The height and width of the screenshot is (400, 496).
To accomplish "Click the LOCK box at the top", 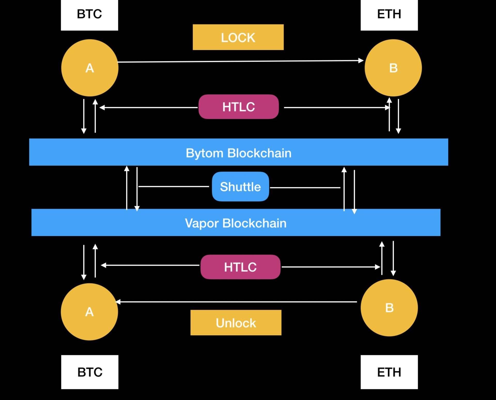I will click(x=238, y=37).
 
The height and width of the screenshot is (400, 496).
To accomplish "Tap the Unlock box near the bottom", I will click(x=236, y=323).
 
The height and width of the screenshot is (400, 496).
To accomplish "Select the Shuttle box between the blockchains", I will click(x=240, y=187).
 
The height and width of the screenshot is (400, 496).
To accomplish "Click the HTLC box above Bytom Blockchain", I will click(x=238, y=107).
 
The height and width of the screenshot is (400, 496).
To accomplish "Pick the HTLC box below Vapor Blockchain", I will click(x=240, y=267).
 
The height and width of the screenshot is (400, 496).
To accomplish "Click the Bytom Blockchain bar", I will click(x=238, y=152).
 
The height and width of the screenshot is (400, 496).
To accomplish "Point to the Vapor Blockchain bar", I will click(x=236, y=222).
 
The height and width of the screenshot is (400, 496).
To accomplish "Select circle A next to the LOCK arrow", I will click(x=90, y=68).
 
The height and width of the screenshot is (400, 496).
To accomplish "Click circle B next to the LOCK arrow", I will click(x=393, y=68).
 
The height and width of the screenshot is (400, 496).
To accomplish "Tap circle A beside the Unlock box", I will click(x=89, y=312).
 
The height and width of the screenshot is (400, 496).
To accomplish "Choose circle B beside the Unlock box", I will click(x=389, y=308).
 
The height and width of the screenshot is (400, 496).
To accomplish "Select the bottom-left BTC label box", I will click(x=90, y=372).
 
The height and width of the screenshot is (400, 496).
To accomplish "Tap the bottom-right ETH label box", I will click(x=389, y=372).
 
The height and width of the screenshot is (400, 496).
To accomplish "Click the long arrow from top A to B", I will click(x=240, y=61).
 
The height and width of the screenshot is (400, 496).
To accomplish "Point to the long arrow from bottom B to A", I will click(x=236, y=302).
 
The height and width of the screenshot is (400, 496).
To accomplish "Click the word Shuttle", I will click(x=240, y=187).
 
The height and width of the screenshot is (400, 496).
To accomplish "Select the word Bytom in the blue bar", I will click(x=204, y=153).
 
